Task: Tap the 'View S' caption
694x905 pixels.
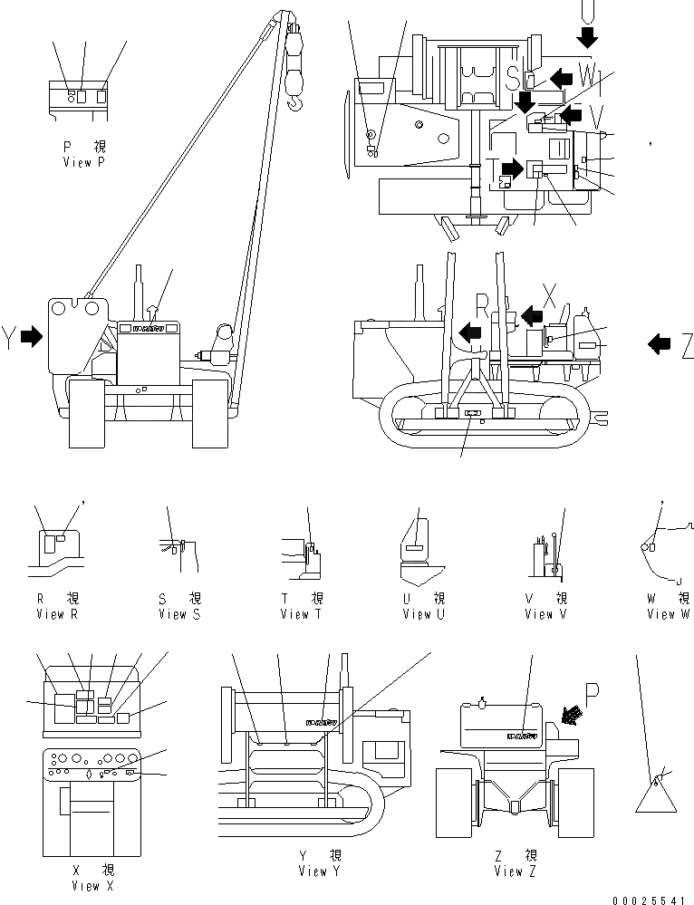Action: (x=172, y=614)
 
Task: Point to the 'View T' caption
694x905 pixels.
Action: (x=294, y=614)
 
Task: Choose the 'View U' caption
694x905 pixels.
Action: (x=417, y=614)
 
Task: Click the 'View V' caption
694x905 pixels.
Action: (x=539, y=614)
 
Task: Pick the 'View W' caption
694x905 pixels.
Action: (x=668, y=614)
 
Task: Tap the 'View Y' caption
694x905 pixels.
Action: (x=313, y=871)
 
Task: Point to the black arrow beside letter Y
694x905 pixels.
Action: (x=32, y=337)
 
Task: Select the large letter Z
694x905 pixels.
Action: (x=686, y=343)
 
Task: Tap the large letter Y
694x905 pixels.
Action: (x=10, y=338)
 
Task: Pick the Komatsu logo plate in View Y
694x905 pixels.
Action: (x=321, y=723)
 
